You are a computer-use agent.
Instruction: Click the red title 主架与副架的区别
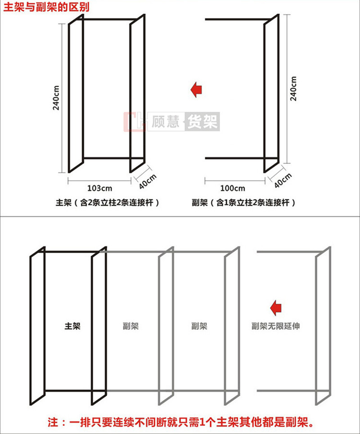(x=46, y=7)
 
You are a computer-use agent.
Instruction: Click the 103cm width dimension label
(x=99, y=188)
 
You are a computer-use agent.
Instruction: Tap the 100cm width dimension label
(x=233, y=188)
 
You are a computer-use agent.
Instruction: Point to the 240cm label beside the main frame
(x=56, y=98)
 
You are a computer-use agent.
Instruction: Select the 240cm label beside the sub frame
(x=293, y=89)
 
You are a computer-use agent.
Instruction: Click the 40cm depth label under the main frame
(x=148, y=181)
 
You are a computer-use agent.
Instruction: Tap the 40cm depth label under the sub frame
(x=283, y=180)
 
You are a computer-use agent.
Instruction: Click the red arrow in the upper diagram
(x=197, y=90)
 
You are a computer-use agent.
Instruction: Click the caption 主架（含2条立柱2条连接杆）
(x=108, y=203)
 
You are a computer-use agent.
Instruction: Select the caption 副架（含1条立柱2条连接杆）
(x=243, y=203)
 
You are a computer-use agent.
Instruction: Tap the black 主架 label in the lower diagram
(x=72, y=326)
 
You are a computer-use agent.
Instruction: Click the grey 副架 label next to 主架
(x=130, y=326)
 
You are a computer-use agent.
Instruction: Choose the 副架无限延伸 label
(x=275, y=326)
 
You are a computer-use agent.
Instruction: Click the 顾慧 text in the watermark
(x=166, y=122)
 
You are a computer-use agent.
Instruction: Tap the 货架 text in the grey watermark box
(x=202, y=122)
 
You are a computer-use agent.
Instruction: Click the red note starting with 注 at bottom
(x=181, y=422)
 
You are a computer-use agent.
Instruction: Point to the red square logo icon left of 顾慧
(x=135, y=122)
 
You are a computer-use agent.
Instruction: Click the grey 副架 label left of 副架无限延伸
(x=199, y=326)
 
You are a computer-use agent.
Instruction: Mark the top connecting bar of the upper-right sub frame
(x=238, y=19)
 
